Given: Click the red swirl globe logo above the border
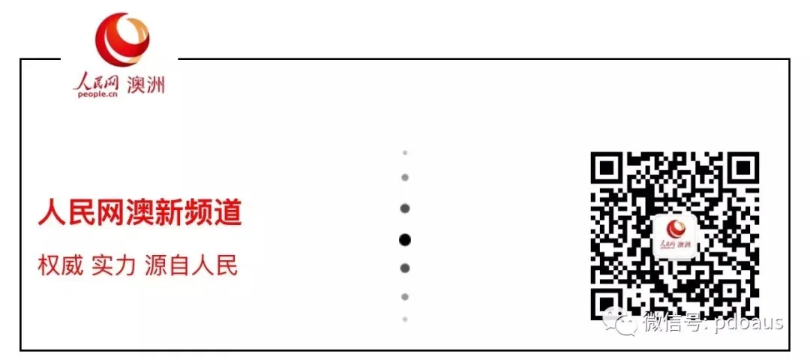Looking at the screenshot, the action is pyautogui.click(x=122, y=40).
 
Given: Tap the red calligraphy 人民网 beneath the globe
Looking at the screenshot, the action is pyautogui.click(x=97, y=82).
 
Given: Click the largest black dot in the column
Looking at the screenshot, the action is pyautogui.click(x=405, y=239).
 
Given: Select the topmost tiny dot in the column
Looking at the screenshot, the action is pyautogui.click(x=405, y=152).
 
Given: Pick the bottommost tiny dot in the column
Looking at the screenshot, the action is pyautogui.click(x=405, y=319).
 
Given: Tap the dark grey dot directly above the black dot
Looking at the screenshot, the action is pyautogui.click(x=405, y=208).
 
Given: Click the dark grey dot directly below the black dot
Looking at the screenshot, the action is pyautogui.click(x=405, y=268).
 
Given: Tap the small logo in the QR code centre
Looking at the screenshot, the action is pyautogui.click(x=676, y=235).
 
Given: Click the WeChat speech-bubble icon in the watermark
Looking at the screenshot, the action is pyautogui.click(x=620, y=322).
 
